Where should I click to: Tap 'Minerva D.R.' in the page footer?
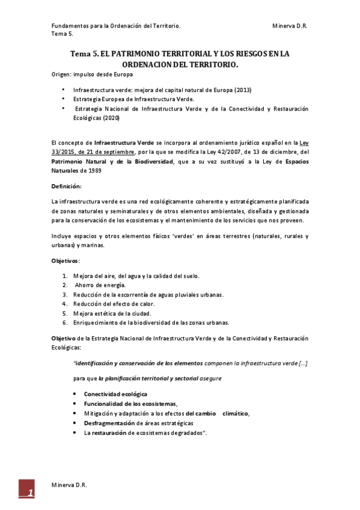click(69, 484)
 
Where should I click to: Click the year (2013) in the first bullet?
click(243, 90)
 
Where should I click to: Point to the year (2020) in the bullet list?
click(111, 118)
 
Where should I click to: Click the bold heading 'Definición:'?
click(66, 187)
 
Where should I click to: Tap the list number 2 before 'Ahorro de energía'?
click(65, 285)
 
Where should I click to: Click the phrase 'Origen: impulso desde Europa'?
click(92, 74)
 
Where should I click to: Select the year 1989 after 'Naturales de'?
click(96, 170)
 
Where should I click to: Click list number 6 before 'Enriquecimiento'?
click(65, 323)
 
